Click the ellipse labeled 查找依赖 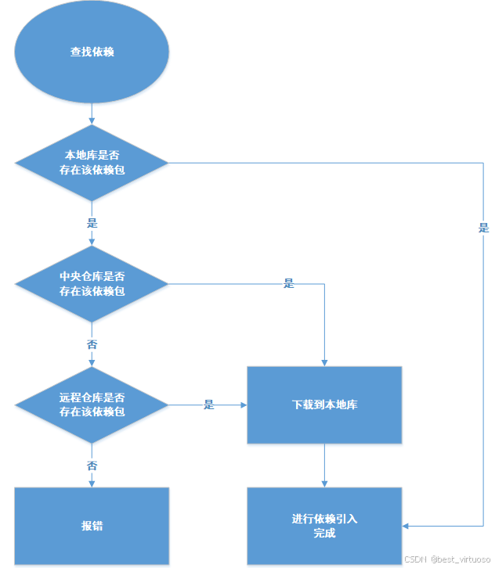(92, 52)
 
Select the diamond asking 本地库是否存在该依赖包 (92, 163)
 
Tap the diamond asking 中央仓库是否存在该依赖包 (92, 283)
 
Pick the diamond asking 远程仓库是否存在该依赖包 (92, 404)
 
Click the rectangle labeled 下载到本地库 (324, 404)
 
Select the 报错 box (92, 526)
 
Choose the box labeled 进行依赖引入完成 (324, 526)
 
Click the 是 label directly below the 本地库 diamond (92, 223)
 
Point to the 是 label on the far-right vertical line (483, 228)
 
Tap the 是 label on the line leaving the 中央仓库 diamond (288, 284)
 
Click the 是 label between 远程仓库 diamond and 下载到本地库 (209, 404)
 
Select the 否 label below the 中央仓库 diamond (92, 344)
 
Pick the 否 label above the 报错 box (92, 466)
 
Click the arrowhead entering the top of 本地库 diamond (92, 120)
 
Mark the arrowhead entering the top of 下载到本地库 (324, 362)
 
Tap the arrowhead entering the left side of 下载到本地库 (243, 405)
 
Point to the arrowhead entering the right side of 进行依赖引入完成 (406, 526)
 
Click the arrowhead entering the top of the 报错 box (92, 483)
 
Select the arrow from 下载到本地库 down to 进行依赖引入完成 (324, 465)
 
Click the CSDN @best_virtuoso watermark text (447, 560)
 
